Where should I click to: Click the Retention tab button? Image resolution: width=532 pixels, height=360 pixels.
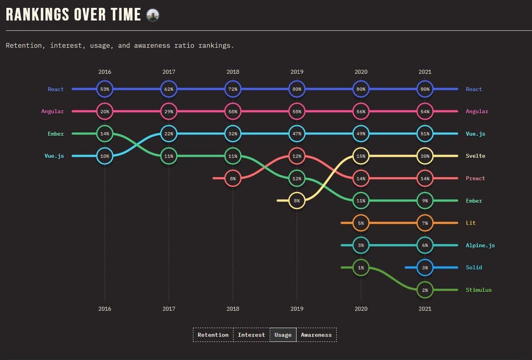213,335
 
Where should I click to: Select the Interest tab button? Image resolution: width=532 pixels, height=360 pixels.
251,335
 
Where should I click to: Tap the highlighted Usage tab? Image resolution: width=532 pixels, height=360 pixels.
283,335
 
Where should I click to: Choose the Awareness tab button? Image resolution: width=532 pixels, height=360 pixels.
316,335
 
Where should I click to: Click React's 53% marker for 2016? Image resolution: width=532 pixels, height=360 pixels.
105,89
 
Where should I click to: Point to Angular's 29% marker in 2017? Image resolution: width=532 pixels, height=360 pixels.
169,112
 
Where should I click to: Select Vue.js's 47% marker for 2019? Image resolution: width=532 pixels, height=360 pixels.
297,134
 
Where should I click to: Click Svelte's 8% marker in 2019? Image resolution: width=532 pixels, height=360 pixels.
297,201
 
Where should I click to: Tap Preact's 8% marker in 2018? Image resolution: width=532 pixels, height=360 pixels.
233,178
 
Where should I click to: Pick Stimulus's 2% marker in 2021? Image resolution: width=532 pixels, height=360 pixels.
425,290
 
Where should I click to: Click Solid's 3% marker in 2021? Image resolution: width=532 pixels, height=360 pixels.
425,268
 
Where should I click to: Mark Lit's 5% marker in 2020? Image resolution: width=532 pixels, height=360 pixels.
361,223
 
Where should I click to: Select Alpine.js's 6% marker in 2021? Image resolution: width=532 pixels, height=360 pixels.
425,245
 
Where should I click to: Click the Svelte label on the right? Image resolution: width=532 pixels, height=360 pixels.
475,156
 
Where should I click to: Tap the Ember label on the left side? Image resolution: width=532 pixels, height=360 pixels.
56,134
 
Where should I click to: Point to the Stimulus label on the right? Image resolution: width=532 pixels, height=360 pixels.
478,290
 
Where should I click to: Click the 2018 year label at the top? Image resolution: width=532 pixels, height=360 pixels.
233,72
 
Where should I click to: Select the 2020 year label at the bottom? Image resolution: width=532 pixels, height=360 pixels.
361,309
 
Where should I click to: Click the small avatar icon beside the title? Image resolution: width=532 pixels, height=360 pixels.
153,15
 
